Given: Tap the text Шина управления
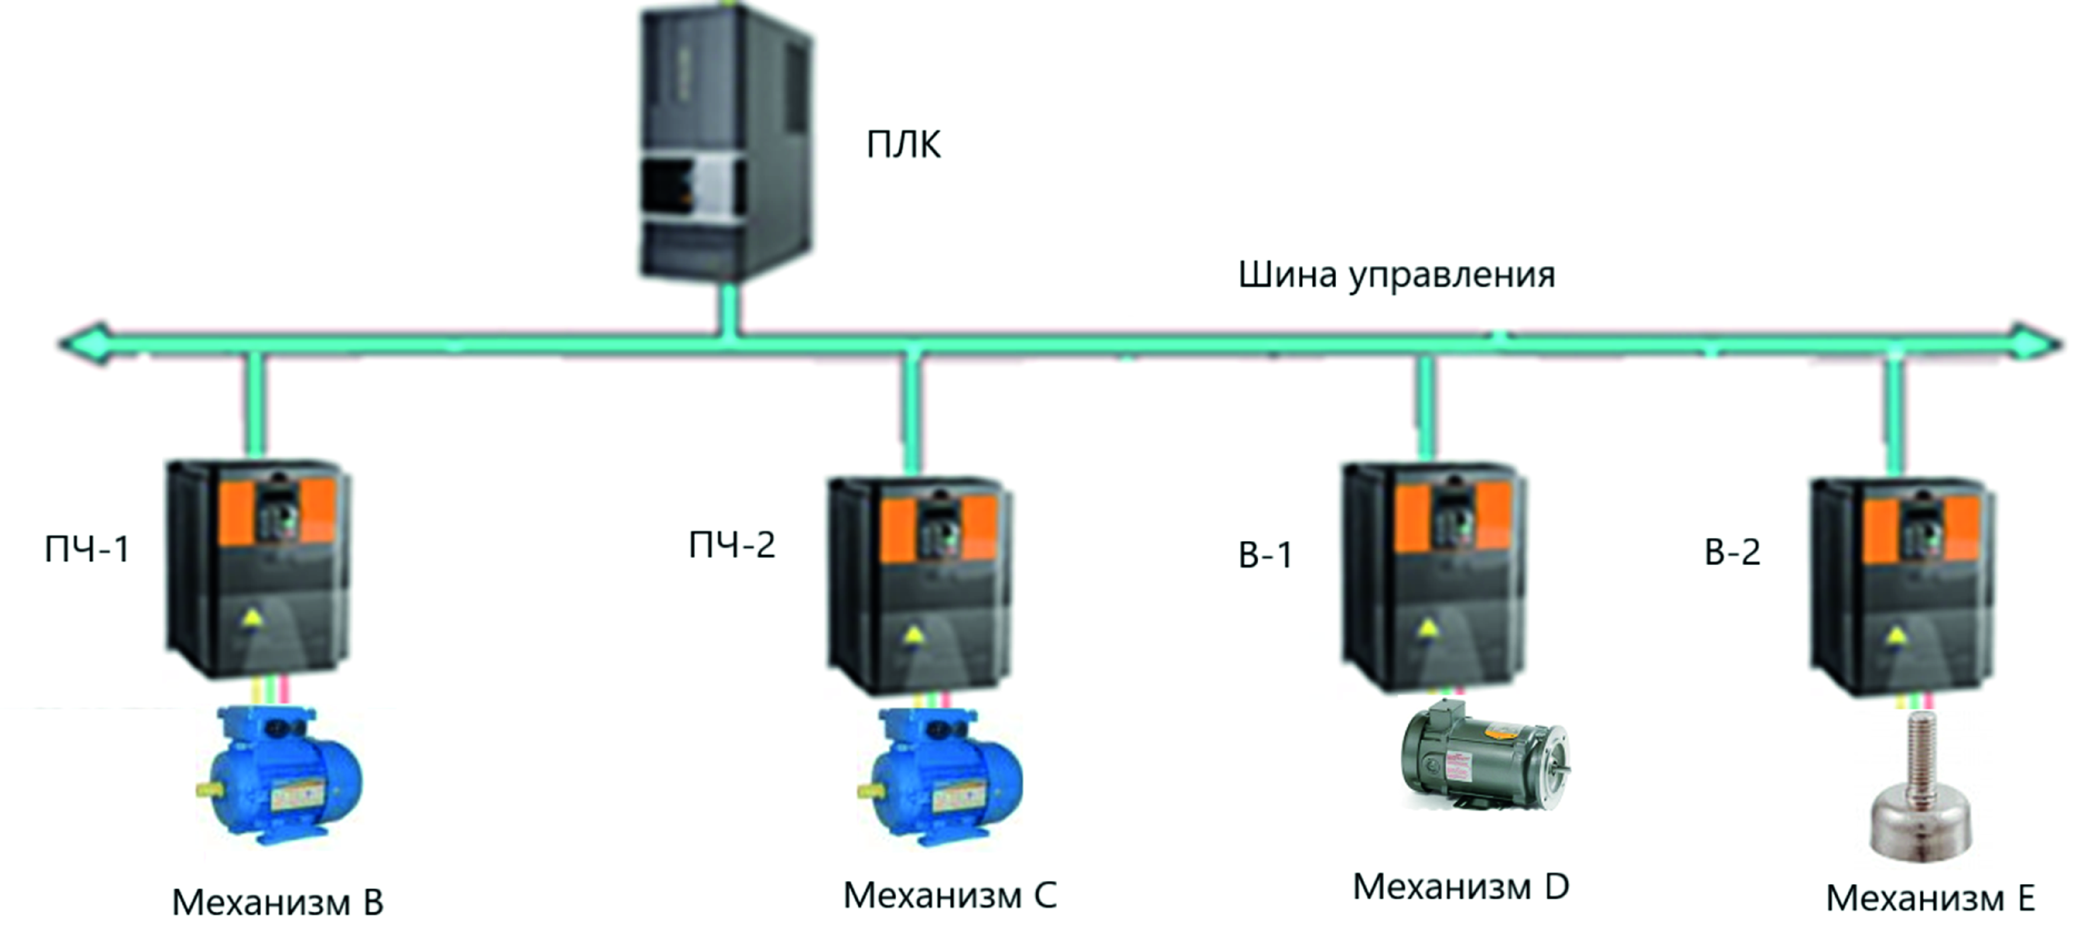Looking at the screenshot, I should click(x=1396, y=275).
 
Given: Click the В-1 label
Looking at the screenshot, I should click(x=1265, y=555).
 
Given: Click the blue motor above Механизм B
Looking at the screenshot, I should click(x=280, y=776).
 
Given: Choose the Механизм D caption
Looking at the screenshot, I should click(x=1460, y=887).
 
